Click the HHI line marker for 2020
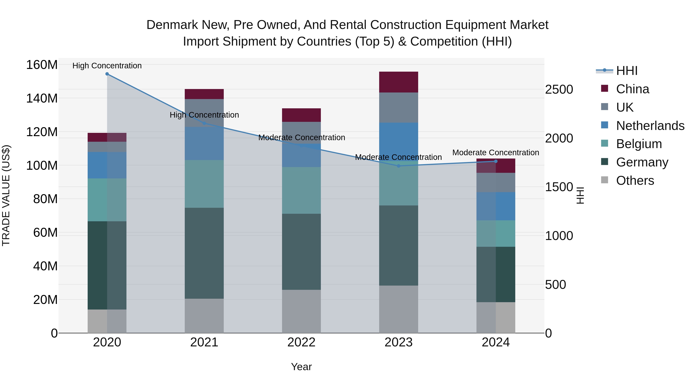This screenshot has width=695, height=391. point(107,74)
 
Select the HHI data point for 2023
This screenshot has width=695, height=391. point(398,166)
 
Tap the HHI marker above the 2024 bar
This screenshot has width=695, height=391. point(496,161)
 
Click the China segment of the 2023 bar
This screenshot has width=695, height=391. point(398,82)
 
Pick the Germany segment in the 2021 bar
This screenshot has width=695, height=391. point(204,253)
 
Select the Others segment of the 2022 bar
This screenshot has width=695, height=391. point(301,311)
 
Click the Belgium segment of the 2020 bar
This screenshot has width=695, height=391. point(107,200)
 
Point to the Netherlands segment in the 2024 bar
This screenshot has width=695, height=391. point(496,206)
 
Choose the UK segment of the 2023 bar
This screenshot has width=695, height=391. point(398,108)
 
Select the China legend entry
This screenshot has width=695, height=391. point(625,89)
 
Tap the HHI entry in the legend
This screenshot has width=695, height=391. point(617,71)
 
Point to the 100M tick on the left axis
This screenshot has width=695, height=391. point(42,165)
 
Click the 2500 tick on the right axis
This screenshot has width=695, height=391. point(559,89)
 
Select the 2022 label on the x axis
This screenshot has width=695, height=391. point(301,342)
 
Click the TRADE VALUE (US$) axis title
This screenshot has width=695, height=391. point(6,196)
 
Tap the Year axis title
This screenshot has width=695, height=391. point(301,367)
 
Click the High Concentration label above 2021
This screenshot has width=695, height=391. point(204,115)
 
